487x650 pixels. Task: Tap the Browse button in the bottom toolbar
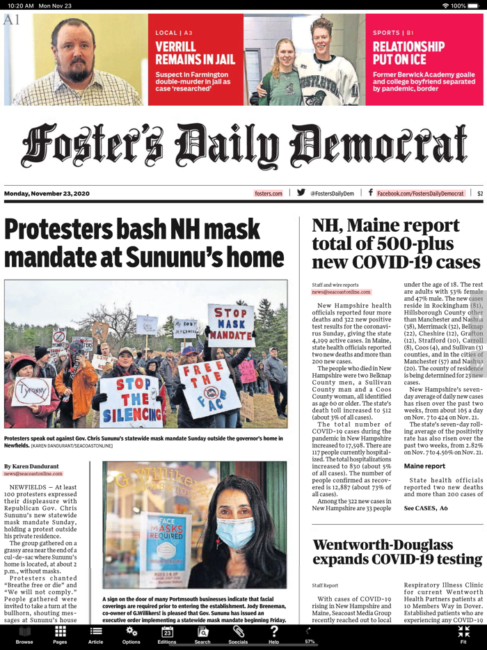point(24,634)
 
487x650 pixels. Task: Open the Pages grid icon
point(61,634)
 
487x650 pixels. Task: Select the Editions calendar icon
point(167,634)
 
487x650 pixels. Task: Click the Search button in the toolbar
point(202,634)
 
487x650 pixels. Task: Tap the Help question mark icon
point(274,634)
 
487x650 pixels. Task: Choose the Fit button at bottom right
point(463,634)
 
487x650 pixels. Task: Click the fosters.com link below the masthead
point(269,193)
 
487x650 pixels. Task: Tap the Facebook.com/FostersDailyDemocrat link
point(420,193)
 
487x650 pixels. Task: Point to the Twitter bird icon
point(301,193)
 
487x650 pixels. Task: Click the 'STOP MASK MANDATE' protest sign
point(230,324)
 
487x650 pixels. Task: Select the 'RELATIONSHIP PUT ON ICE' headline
point(408,54)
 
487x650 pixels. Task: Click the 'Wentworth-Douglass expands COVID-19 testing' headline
point(397,552)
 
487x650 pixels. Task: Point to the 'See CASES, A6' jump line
point(426,508)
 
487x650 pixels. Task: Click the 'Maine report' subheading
point(424,466)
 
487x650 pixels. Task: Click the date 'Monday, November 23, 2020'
point(47,193)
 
